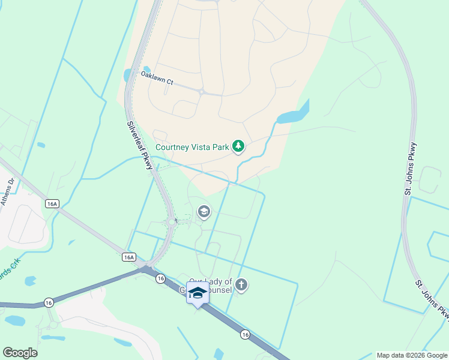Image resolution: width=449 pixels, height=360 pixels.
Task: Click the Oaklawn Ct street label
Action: [x=157, y=78]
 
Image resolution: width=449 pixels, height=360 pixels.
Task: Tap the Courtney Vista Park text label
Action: [x=192, y=146]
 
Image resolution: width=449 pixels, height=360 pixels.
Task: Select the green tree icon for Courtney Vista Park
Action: [x=239, y=146]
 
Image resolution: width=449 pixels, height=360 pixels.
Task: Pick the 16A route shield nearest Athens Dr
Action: [x=52, y=204]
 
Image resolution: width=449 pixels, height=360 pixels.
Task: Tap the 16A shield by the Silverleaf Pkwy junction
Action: [x=128, y=257]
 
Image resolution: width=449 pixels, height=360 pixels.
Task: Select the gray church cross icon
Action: [x=241, y=285]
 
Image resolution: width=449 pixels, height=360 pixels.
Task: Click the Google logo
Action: [x=20, y=353]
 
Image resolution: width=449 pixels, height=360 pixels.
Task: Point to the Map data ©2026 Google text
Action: [x=412, y=355]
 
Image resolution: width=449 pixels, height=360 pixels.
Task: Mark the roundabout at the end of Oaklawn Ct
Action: [x=202, y=92]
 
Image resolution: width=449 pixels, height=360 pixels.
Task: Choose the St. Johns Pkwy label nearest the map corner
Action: [x=432, y=298]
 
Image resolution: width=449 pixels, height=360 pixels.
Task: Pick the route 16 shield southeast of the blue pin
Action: [x=244, y=334]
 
